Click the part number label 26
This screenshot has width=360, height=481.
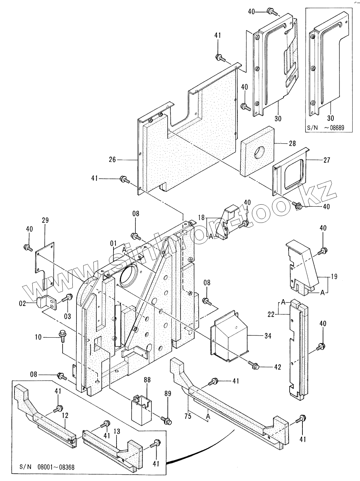[112, 160]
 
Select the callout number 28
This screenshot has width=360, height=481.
[292, 144]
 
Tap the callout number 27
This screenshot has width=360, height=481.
[326, 160]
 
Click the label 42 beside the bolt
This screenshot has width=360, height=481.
[277, 367]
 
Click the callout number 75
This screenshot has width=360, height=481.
[188, 416]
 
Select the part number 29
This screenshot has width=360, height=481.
[45, 220]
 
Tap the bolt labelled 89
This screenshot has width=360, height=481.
[166, 420]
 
